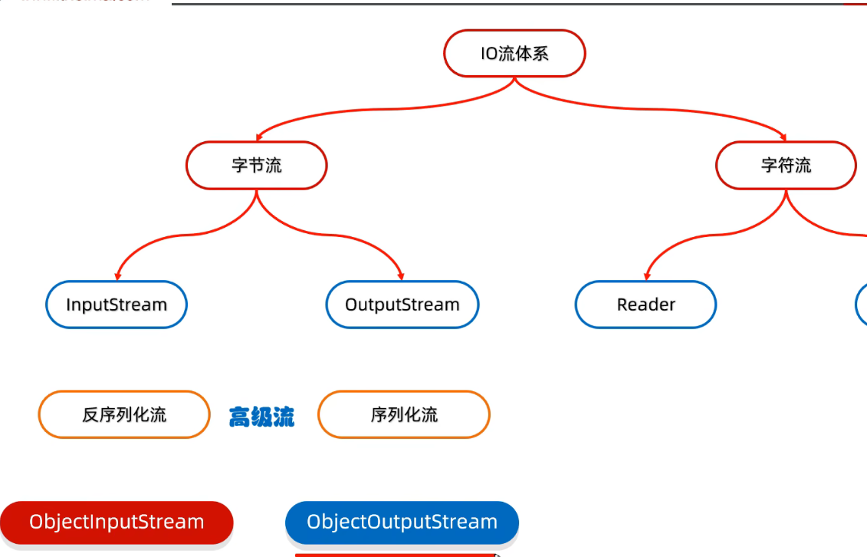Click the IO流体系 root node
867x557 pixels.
click(514, 54)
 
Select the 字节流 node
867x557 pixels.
click(256, 165)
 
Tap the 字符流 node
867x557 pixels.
click(786, 165)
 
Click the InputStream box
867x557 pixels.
click(116, 305)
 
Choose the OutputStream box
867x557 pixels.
click(402, 305)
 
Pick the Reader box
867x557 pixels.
click(645, 305)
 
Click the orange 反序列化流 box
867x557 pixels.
click(123, 415)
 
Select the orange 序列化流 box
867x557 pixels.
click(403, 415)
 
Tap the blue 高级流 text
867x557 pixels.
click(261, 417)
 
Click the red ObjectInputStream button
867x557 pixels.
click(117, 522)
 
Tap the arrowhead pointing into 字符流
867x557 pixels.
click(783, 137)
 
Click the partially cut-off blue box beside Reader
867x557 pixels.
click(862, 305)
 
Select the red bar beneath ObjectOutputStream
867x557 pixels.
click(396, 554)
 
